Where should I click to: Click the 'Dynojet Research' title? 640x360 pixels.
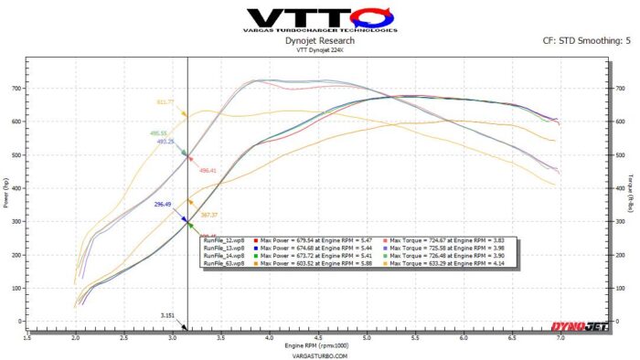[319, 40]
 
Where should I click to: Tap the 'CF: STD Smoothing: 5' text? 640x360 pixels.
[585, 40]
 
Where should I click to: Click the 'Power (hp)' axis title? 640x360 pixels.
[7, 203]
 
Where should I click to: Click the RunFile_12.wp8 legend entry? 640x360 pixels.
[223, 241]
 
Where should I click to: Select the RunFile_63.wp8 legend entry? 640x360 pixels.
[223, 263]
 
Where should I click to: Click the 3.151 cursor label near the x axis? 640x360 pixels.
[168, 316]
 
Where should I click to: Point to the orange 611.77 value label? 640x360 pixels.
[165, 102]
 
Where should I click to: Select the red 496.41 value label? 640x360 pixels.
[208, 171]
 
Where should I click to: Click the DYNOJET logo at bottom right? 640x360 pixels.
[581, 325]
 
